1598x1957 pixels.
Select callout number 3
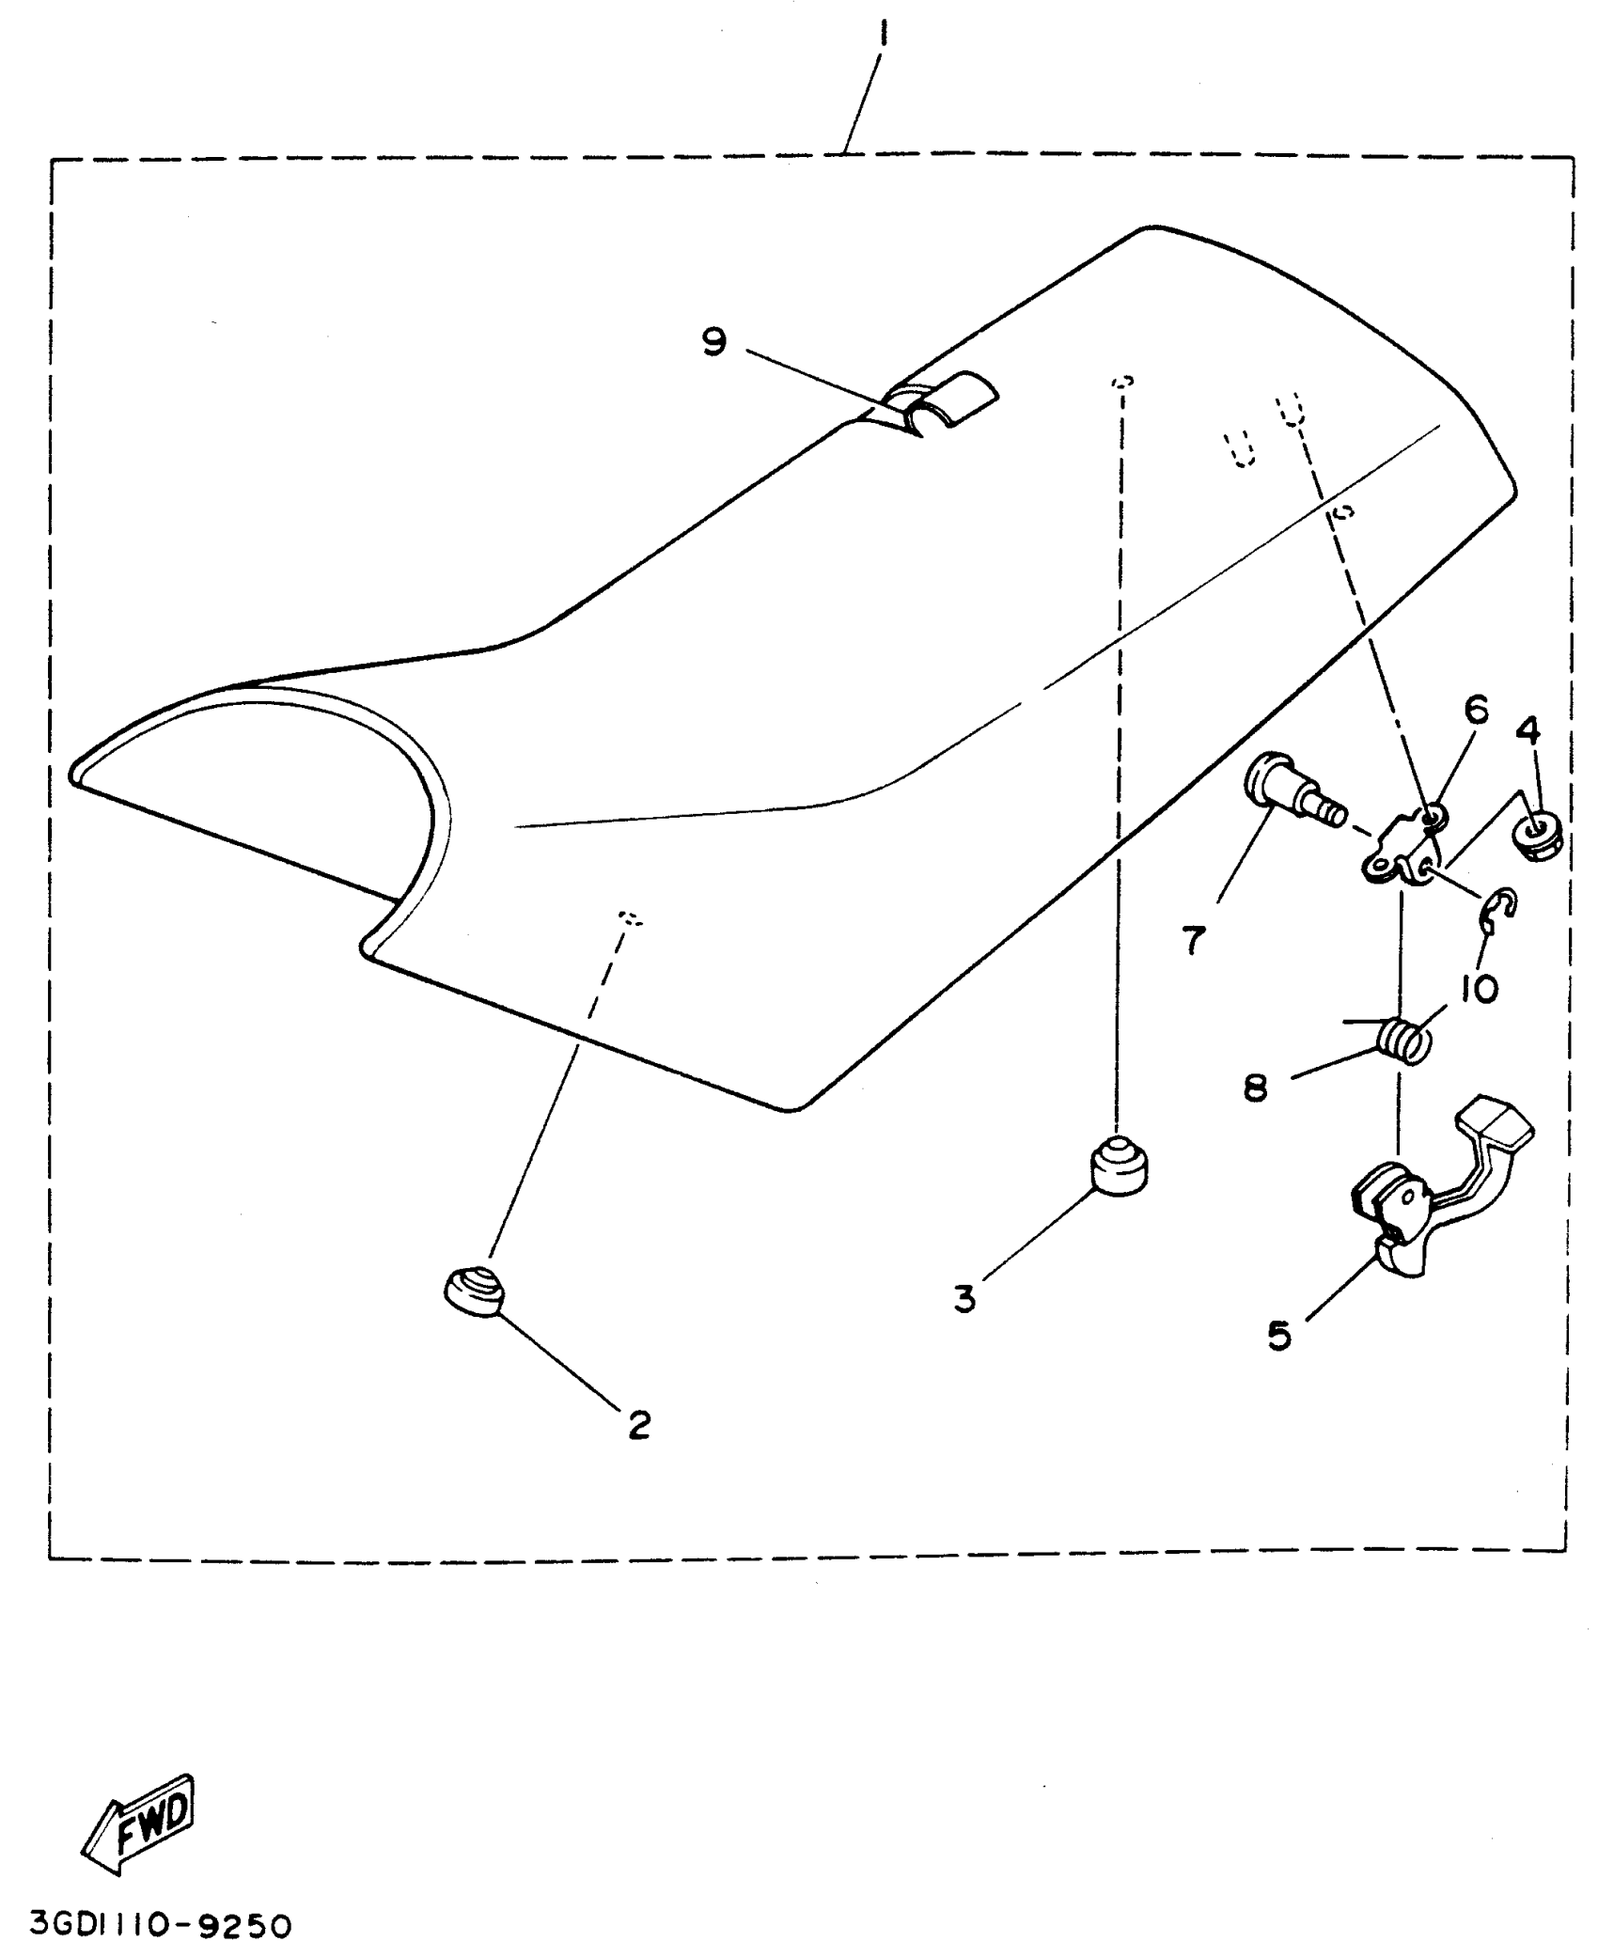click(x=964, y=1299)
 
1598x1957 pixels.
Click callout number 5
click(x=1279, y=1335)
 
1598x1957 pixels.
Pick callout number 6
click(x=1477, y=710)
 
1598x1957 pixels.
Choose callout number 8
click(x=1256, y=1088)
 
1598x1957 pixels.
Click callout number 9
click(x=714, y=341)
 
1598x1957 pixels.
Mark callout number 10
click(x=1480, y=988)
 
